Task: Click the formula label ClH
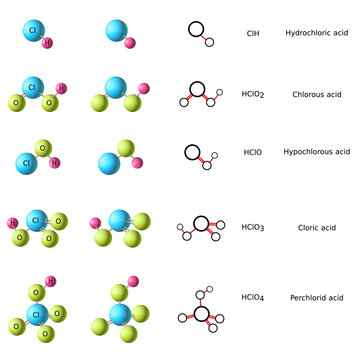[x=252, y=33]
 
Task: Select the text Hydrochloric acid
[x=316, y=33]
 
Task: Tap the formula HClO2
[x=254, y=94]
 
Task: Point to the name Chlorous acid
[x=316, y=94]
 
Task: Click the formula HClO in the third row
[x=253, y=152]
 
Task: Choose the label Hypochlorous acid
[x=316, y=152]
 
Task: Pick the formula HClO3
[x=254, y=227]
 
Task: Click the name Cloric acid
[x=316, y=227]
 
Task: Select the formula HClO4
[x=254, y=297]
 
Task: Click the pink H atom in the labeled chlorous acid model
[x=60, y=88]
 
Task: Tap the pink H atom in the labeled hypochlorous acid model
[x=55, y=162]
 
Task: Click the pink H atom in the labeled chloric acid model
[x=13, y=222]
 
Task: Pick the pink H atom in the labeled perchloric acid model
[x=51, y=281]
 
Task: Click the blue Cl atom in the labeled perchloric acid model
[x=36, y=314]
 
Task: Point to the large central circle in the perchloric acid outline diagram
[x=202, y=314]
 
